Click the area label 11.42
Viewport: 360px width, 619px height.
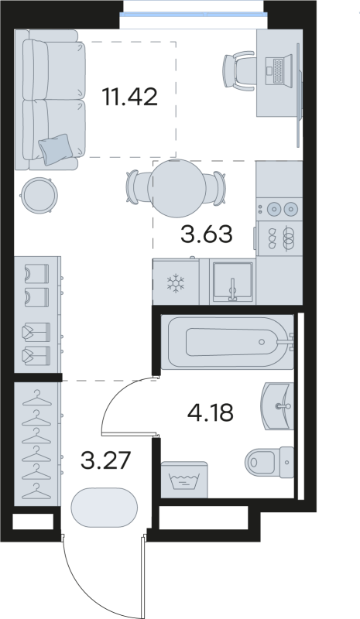129,97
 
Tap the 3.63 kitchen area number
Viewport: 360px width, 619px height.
206,234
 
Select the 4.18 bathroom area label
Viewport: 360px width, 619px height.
211,413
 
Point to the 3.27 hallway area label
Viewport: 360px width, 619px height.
105,460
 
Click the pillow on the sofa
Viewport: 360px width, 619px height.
55,149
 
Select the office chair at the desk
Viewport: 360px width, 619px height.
239,71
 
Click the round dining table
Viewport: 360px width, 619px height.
177,188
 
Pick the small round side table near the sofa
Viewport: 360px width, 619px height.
39,195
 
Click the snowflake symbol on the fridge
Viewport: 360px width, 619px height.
176,283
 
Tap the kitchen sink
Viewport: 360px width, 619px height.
232,282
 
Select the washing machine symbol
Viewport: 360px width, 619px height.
184,480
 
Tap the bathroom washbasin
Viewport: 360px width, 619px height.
277,405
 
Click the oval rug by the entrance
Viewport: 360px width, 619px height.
105,508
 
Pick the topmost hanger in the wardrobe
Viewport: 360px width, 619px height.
37,398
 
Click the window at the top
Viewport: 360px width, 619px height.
194,15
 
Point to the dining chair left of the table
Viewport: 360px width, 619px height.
134,187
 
